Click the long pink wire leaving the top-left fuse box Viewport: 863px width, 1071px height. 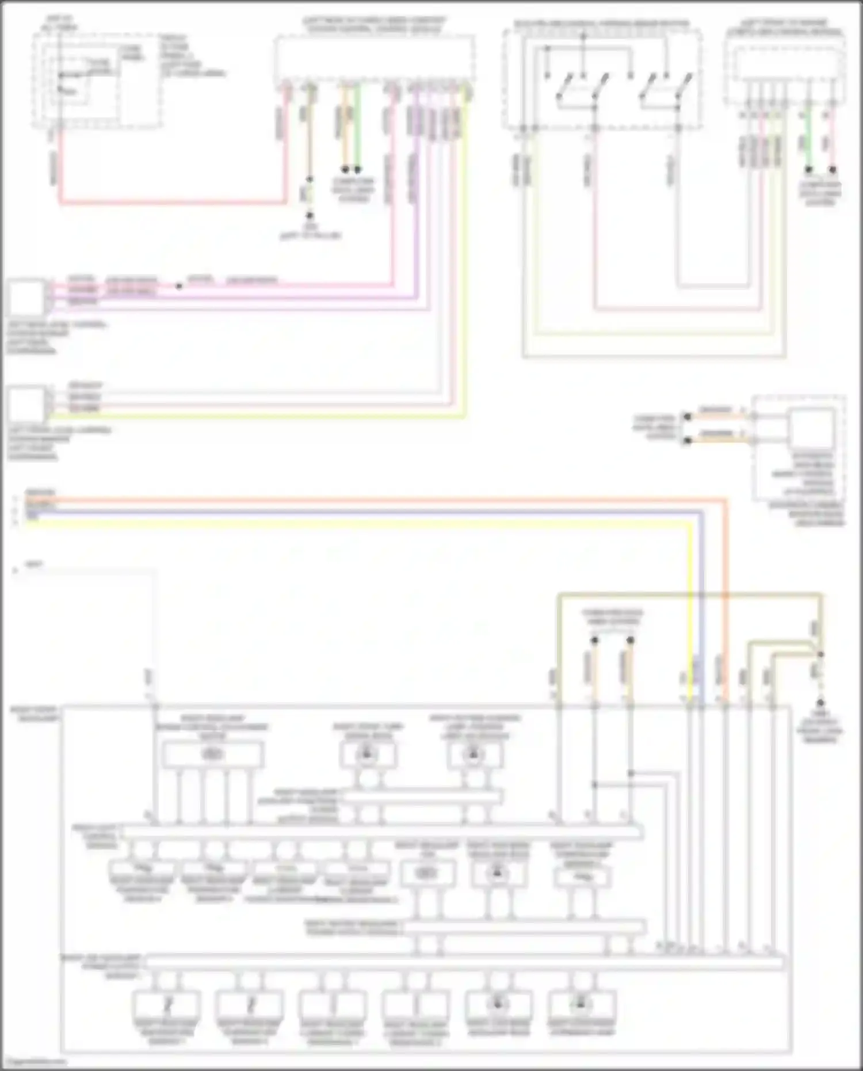173,202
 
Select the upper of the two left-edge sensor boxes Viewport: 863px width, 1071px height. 26,297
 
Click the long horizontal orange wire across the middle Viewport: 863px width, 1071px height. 374,500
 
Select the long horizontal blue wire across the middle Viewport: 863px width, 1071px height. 374,511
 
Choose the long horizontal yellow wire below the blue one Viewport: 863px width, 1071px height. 374,523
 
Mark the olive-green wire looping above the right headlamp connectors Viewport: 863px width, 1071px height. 690,594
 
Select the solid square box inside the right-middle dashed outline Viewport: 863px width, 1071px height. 811,429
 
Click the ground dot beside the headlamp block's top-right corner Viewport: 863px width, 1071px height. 820,703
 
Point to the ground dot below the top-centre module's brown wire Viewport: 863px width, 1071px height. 310,215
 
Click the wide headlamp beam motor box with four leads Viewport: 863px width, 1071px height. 213,754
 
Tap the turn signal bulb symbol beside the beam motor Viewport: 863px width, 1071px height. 368,754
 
